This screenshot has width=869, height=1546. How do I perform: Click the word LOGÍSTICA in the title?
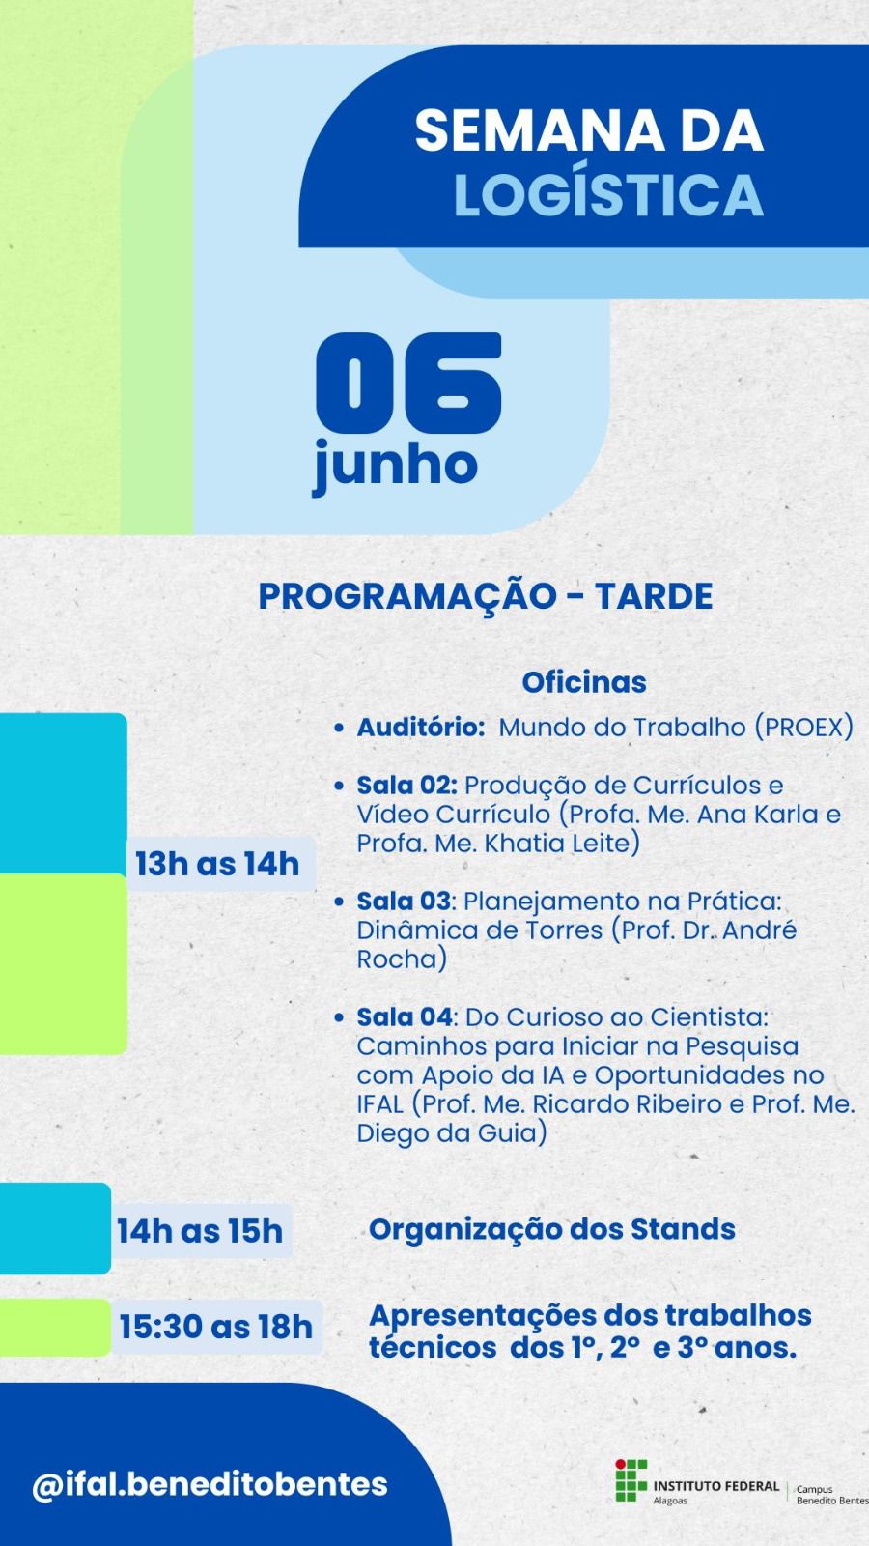(x=608, y=194)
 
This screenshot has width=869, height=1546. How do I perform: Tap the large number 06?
(x=408, y=383)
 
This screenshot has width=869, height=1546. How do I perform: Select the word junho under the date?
(x=395, y=466)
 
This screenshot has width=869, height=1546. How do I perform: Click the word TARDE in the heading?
(x=654, y=596)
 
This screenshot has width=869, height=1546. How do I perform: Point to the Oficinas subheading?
(x=584, y=682)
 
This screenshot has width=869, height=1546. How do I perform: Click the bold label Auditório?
(x=421, y=728)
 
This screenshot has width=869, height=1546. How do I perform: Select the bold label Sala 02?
(x=406, y=786)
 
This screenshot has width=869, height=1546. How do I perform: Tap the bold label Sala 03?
(x=404, y=902)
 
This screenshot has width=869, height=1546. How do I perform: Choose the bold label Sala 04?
(x=405, y=1017)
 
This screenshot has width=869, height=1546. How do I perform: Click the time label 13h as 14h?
(x=217, y=864)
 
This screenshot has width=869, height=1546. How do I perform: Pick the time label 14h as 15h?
(x=200, y=1231)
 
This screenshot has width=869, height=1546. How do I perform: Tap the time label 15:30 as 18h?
(x=216, y=1327)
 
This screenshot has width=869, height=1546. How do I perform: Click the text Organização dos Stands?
(x=551, y=1230)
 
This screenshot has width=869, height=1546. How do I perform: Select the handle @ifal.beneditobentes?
(x=210, y=1484)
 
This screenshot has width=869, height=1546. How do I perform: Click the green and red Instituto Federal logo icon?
(x=631, y=1480)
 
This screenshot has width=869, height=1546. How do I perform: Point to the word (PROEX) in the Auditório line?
(x=804, y=729)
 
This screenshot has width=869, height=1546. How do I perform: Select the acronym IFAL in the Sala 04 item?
(x=380, y=1104)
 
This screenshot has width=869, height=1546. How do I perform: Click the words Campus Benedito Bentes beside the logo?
(x=831, y=1495)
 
